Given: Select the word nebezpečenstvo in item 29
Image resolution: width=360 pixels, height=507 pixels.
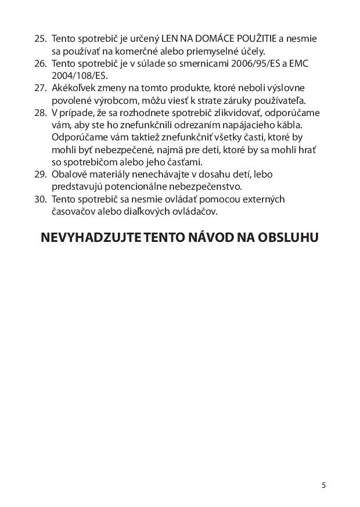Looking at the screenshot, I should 204,187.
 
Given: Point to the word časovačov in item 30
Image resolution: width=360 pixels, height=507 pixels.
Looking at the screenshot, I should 70,212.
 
